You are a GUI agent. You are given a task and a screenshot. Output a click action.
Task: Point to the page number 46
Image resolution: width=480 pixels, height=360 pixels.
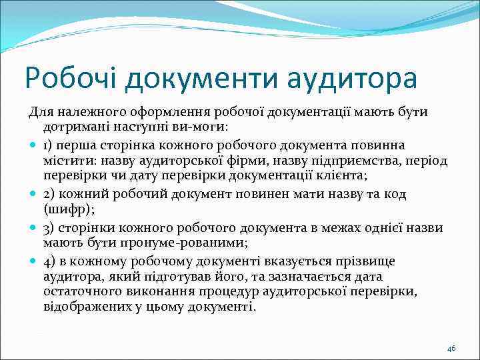451,349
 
